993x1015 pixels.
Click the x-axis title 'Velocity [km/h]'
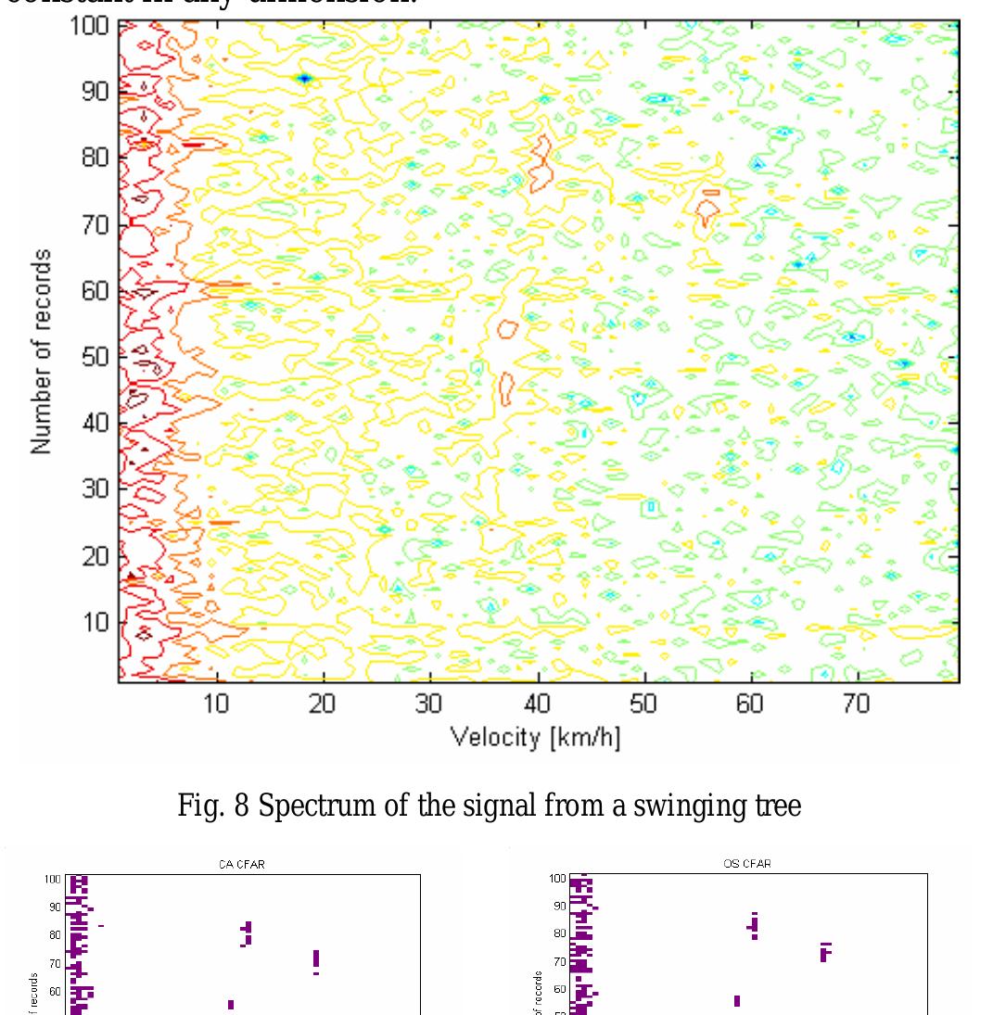pos(535,737)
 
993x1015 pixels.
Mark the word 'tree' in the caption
pos(780,806)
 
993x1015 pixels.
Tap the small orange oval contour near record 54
pos(507,328)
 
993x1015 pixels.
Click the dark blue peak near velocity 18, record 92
pos(303,79)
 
